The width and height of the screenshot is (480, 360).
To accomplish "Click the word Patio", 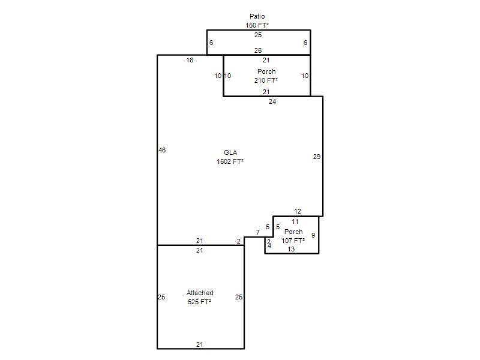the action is [257, 16].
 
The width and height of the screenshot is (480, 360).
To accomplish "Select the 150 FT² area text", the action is [257, 25].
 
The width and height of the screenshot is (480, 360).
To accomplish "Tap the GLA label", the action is [230, 152].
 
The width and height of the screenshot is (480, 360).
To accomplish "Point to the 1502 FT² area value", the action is [230, 161].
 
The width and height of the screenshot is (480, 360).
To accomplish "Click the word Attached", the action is [200, 293].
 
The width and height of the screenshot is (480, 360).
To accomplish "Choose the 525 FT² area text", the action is [200, 302].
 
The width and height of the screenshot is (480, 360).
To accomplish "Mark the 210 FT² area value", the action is [266, 80].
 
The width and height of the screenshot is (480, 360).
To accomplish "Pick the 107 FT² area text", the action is [293, 241].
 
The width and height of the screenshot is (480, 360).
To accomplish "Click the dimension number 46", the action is [162, 150].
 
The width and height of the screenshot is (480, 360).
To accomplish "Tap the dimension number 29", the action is [317, 157].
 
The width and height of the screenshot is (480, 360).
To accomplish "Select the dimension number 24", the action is [272, 101].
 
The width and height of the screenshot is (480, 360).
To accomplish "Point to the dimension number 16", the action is [190, 61].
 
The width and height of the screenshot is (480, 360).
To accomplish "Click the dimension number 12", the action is [298, 211].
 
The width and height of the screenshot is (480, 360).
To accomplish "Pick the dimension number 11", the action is [295, 221].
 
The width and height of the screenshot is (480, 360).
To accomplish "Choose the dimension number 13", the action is [291, 249].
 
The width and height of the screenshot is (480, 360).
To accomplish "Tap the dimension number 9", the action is [313, 235].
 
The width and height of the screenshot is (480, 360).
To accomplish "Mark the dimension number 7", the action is [258, 232].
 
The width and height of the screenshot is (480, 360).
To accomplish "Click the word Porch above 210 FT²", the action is [266, 71].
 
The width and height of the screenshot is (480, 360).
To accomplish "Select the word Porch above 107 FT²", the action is [293, 232].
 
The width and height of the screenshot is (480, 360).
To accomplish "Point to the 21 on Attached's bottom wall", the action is [200, 344].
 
